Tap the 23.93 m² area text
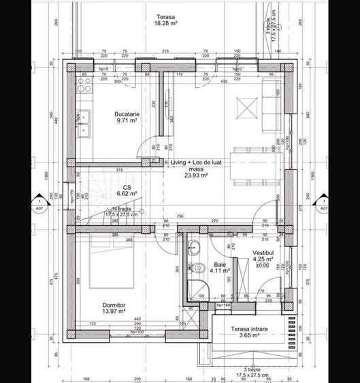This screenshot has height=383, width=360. pos(197,174)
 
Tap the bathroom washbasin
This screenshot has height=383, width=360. pos(194,246)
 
